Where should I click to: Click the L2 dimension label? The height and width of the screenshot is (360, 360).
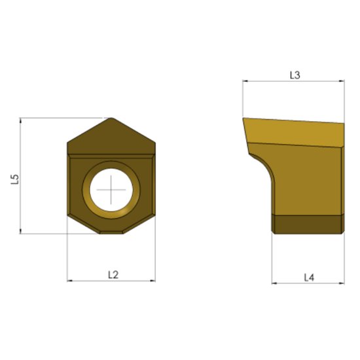[x=112, y=275]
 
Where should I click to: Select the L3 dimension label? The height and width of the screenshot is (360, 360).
[x=295, y=75]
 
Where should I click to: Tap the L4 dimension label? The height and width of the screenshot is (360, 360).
[x=310, y=278]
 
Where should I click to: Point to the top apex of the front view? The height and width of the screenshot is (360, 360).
[x=112, y=119]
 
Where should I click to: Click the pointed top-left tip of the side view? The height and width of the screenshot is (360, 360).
[x=243, y=119]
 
